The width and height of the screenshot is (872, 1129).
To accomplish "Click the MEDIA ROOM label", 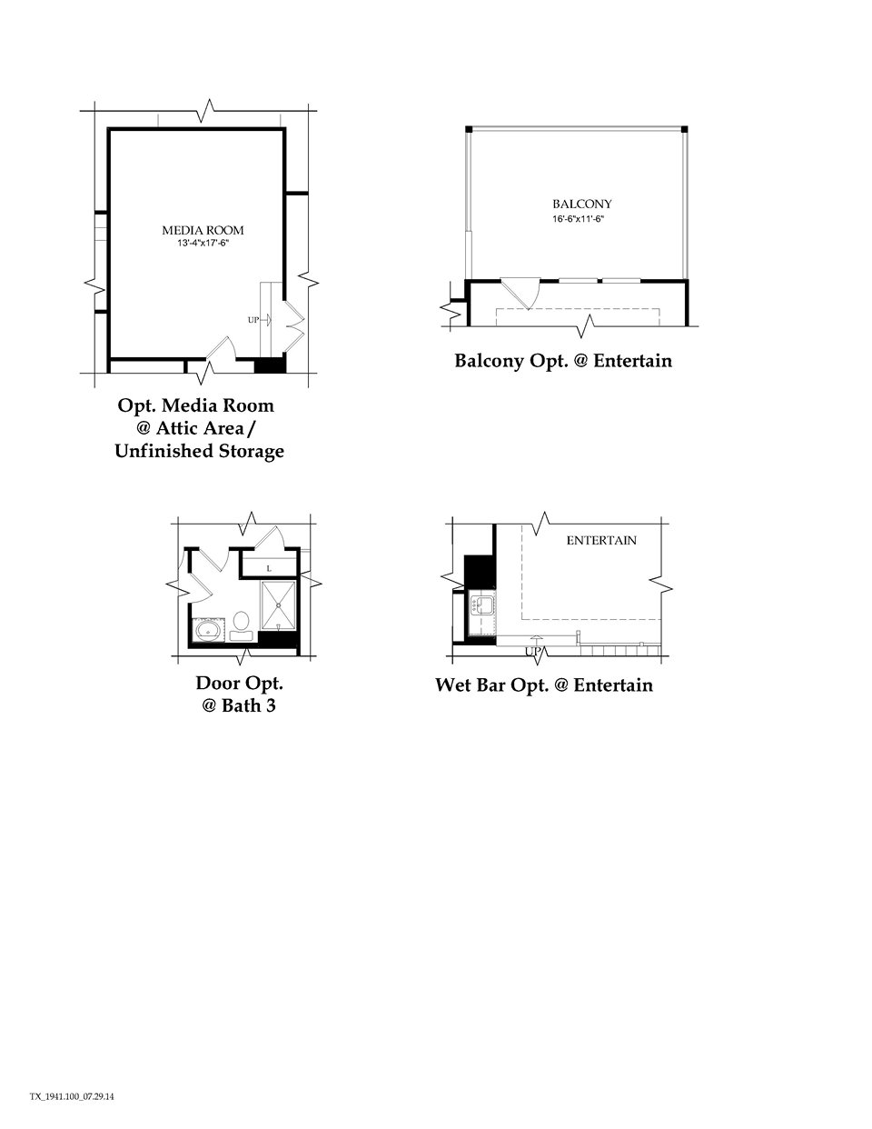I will tap(203, 230).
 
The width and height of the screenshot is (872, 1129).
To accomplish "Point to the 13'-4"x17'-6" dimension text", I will tap(203, 244).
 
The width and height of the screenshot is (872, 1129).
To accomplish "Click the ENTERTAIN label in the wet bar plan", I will tap(601, 540).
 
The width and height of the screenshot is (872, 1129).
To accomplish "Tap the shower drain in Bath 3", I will tap(279, 604).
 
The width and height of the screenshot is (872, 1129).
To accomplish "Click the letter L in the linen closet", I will tap(268, 567).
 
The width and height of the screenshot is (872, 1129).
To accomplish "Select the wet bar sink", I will tap(482, 604).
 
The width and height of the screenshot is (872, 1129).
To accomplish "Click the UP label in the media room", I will tap(253, 320).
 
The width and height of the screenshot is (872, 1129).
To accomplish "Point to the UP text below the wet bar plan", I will tap(533, 652).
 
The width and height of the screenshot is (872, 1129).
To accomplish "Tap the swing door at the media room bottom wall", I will tap(220, 349).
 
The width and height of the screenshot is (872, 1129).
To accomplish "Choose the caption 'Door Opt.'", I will tap(239, 683).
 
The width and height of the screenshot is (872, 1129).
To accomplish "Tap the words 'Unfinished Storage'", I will tap(199, 451).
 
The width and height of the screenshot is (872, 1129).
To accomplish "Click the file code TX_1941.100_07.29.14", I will tap(72, 1097).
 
